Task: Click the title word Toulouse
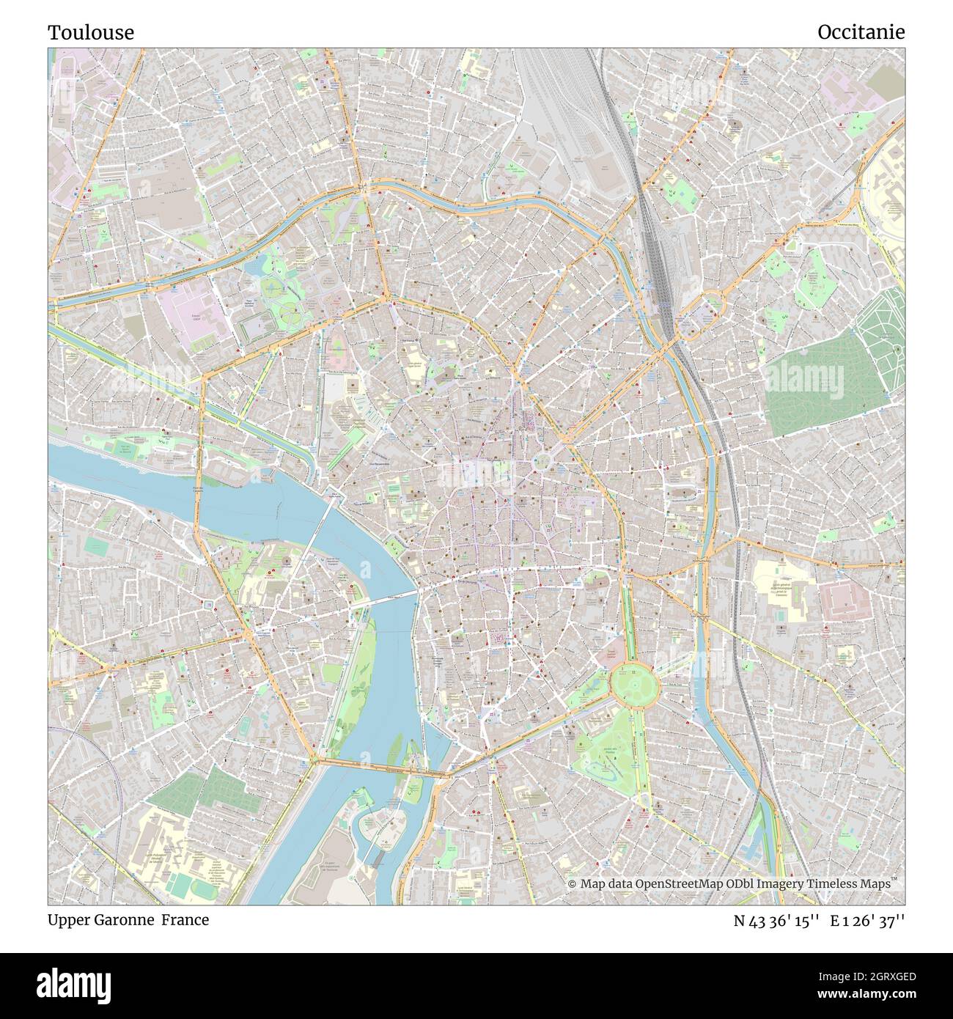[91, 32]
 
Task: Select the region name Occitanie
[861, 32]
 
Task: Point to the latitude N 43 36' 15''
[776, 921]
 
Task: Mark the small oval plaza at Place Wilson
[542, 461]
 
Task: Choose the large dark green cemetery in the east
[821, 381]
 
